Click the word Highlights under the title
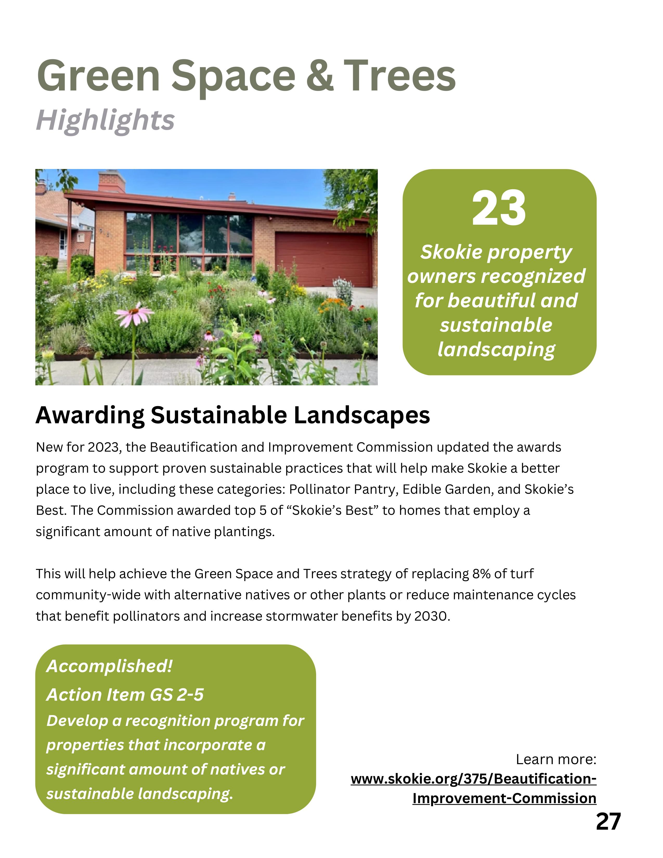[105, 121]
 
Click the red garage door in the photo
[323, 259]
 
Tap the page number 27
[608, 821]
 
